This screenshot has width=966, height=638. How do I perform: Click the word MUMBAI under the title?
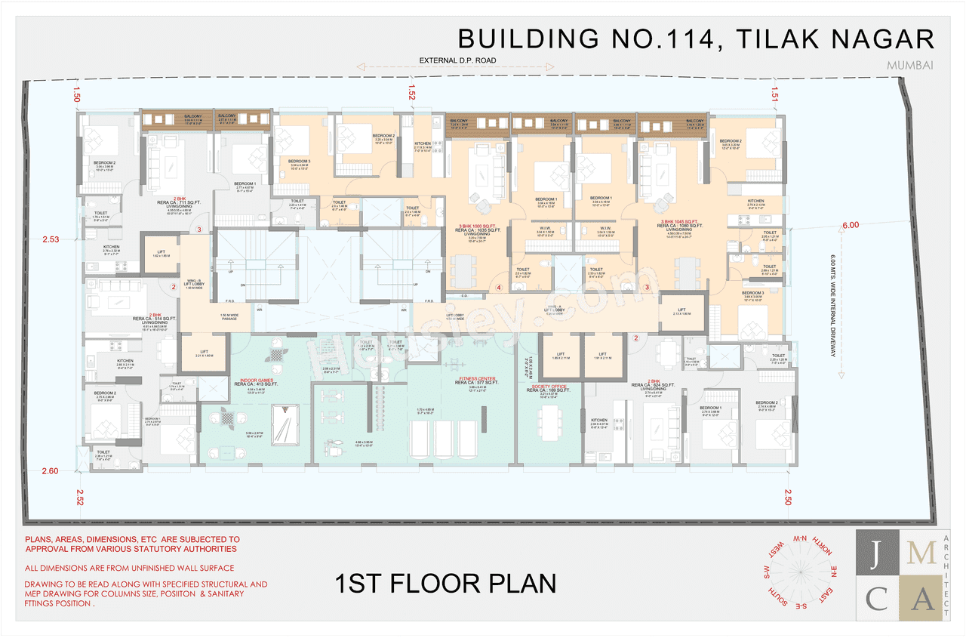pyautogui.click(x=911, y=65)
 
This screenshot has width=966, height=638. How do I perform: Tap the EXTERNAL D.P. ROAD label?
pyautogui.click(x=459, y=60)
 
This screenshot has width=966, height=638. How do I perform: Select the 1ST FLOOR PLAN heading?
pyautogui.click(x=445, y=584)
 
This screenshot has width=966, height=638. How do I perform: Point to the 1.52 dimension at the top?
pyautogui.click(x=411, y=94)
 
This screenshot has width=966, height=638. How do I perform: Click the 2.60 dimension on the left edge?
pyautogui.click(x=50, y=471)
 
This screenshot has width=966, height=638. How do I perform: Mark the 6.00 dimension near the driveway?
pyautogui.click(x=850, y=225)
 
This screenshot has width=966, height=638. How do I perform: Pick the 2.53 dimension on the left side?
pyautogui.click(x=50, y=239)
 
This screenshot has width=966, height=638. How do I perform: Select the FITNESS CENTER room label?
pyautogui.click(x=477, y=379)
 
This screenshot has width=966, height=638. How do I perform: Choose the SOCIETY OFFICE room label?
pyautogui.click(x=548, y=387)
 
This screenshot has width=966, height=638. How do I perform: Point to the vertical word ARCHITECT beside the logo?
pyautogui.click(x=947, y=574)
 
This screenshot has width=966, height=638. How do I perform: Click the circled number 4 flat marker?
pyautogui.click(x=499, y=288)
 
